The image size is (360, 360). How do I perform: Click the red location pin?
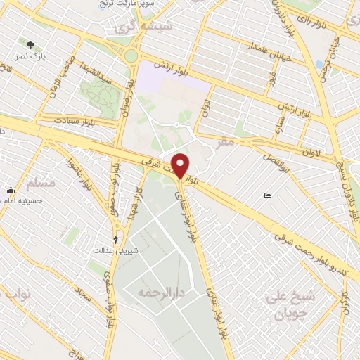[181, 165]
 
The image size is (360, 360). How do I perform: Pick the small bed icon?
[266, 195]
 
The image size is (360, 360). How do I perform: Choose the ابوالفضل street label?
[277, 149]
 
